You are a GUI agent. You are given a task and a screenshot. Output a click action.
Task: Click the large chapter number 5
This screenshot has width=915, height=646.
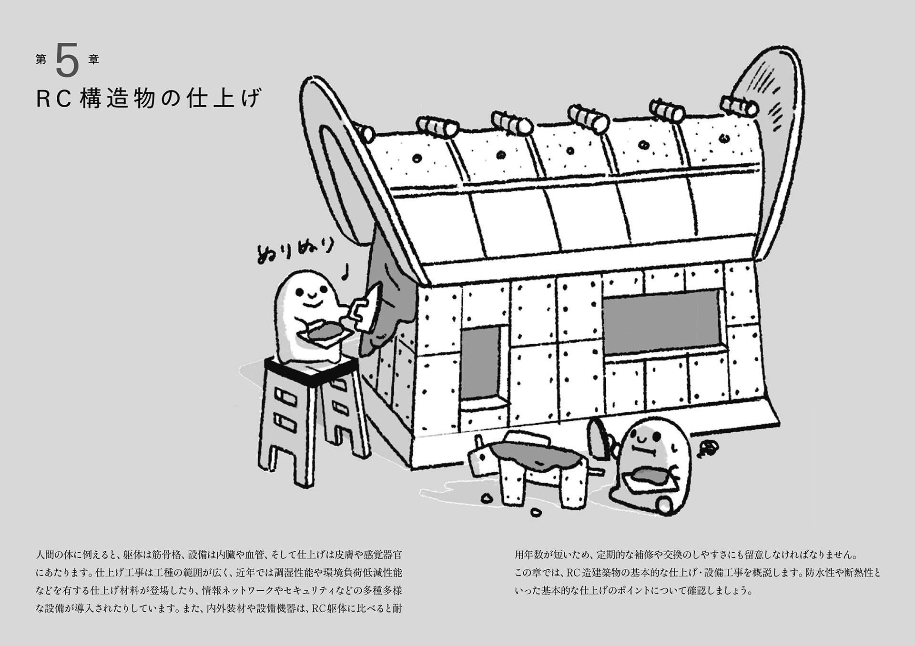tap(67, 60)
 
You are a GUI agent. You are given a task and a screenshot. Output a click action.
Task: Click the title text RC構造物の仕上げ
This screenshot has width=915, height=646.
tap(149, 99)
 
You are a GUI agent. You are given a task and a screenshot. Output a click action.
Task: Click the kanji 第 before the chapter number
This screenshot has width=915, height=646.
tap(41, 60)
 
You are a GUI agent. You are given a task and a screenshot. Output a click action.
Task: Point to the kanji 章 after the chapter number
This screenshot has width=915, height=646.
tap(93, 60)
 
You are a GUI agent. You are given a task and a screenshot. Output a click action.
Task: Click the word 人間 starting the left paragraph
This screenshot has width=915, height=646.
tap(47, 555)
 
